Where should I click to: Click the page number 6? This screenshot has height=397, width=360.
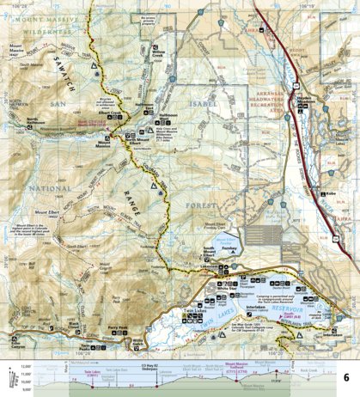(345, 377)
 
